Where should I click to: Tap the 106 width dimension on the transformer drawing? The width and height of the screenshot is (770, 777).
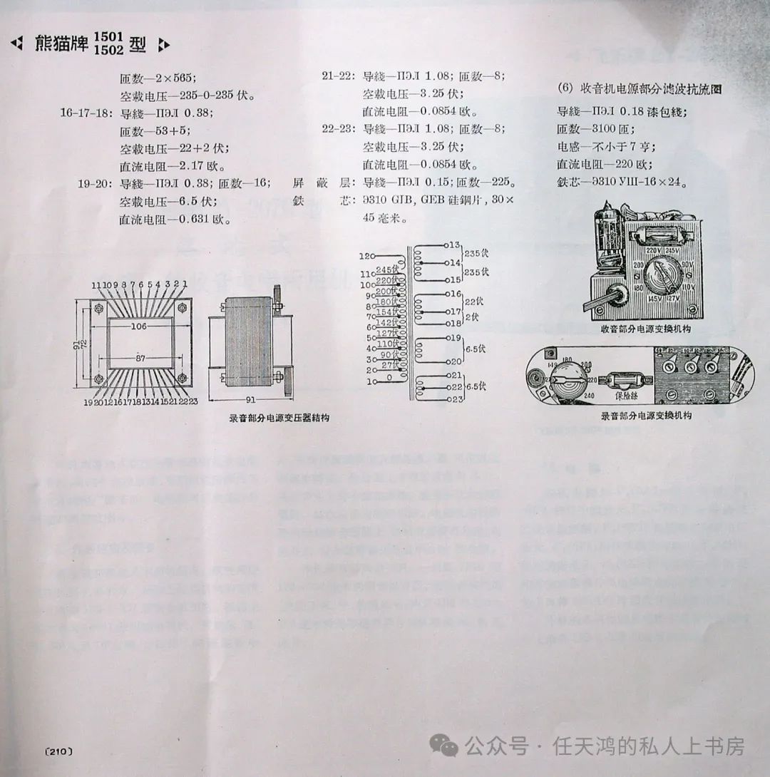[x=138, y=326]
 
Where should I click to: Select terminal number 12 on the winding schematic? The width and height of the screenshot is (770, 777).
[x=366, y=256]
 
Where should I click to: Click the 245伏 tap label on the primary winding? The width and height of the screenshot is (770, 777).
[x=385, y=269]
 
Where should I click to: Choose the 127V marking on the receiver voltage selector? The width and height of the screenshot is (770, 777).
[x=674, y=299]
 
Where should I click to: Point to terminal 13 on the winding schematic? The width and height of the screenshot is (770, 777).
[x=452, y=245]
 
